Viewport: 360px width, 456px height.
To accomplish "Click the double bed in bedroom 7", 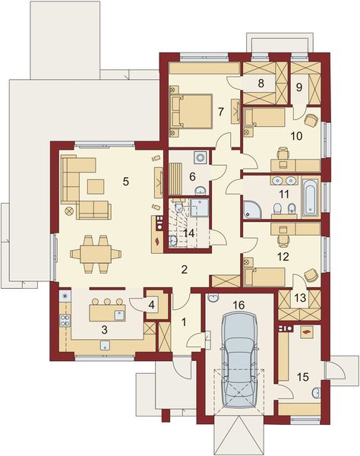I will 189,111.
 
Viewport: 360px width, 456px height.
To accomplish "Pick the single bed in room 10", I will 264,119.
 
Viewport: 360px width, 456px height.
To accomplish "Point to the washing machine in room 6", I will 201,158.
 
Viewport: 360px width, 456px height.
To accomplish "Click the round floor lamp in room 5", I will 70,211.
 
